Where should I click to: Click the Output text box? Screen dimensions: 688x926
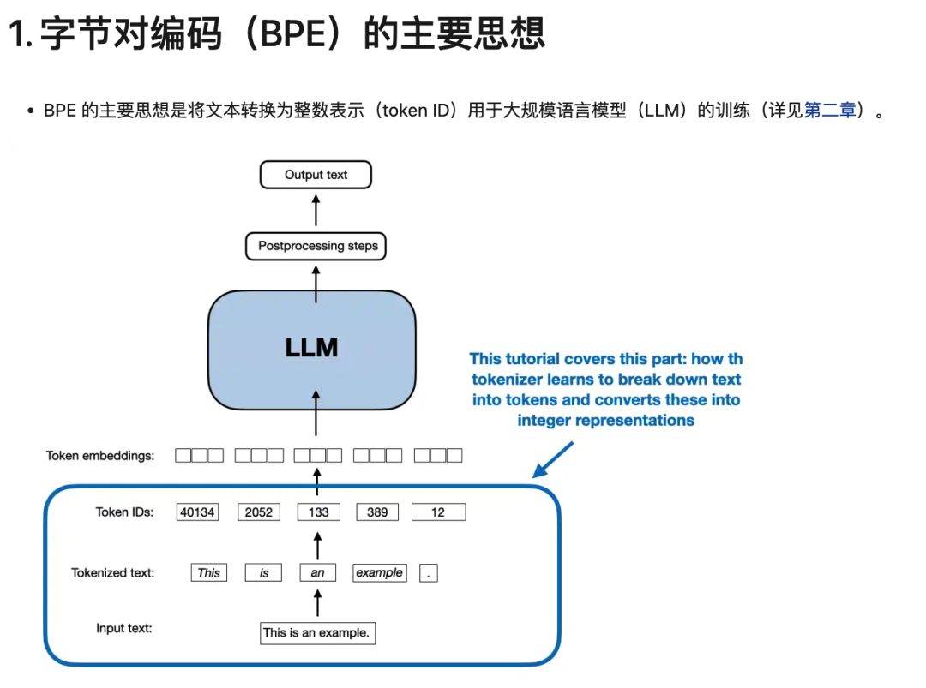(316, 175)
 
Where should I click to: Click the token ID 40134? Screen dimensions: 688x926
(197, 512)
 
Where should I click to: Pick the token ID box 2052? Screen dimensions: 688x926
(258, 512)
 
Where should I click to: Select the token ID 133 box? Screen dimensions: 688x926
(318, 512)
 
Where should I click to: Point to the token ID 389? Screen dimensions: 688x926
(377, 512)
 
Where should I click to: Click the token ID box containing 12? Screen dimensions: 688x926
(438, 512)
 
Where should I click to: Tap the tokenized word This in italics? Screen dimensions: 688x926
(209, 573)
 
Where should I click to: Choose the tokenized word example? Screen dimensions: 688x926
(379, 573)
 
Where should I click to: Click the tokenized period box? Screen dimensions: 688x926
(429, 573)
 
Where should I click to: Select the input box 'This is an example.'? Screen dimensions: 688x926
(317, 633)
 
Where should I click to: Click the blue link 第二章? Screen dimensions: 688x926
(830, 111)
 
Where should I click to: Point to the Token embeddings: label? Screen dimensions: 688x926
(100, 456)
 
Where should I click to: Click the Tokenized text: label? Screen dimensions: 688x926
(113, 572)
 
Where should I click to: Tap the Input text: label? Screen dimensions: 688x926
(124, 628)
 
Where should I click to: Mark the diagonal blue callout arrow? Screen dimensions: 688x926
(554, 459)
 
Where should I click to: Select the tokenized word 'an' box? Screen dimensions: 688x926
(318, 573)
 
